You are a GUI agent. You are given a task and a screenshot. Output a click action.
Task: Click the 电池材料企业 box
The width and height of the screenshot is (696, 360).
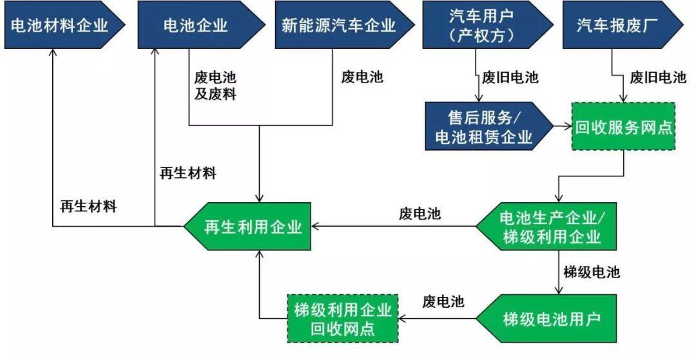[x=58, y=25]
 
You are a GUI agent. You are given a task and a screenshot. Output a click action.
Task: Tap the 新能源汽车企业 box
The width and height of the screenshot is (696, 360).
[x=338, y=25]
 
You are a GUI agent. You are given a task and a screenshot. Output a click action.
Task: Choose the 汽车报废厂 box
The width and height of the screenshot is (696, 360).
[x=619, y=25]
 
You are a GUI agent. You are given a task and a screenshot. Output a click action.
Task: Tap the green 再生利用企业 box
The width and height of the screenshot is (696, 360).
[x=251, y=227]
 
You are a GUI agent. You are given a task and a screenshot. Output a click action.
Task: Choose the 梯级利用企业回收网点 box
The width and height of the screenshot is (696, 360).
[x=342, y=318]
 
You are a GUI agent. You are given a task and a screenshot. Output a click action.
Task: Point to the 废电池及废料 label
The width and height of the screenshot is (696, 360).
[x=215, y=86]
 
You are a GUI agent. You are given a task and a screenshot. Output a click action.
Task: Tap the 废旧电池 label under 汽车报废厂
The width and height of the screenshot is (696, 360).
[x=657, y=78]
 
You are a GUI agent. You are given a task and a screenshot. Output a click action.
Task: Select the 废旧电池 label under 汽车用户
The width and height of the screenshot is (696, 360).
[x=510, y=78]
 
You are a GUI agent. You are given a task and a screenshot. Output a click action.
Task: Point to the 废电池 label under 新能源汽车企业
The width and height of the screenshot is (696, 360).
[x=362, y=78]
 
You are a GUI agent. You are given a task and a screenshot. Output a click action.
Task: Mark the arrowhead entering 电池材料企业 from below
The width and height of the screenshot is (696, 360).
[x=53, y=53]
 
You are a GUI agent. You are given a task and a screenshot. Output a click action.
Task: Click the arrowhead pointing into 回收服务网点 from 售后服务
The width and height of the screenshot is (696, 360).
[x=567, y=127]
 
